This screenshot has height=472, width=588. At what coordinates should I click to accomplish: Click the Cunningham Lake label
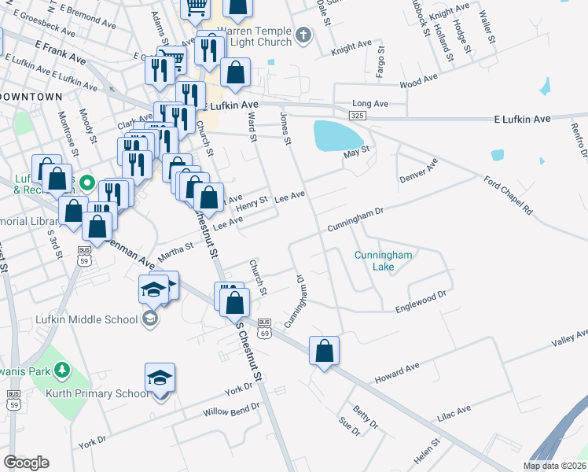coord(383,260)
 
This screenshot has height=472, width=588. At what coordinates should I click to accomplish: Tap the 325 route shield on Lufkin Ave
coord(357,116)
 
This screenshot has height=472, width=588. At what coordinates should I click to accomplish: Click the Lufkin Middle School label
coord(86,319)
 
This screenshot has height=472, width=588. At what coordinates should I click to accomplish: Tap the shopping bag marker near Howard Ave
coord(324,351)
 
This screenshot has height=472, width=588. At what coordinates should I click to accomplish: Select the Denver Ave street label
coord(418,168)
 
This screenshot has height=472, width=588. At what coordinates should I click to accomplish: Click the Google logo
coord(26,463)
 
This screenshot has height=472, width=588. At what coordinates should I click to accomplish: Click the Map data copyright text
coord(553,466)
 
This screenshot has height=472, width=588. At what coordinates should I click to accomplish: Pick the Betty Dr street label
coord(366,418)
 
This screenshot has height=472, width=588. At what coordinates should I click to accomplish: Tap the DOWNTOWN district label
coord(31,96)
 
